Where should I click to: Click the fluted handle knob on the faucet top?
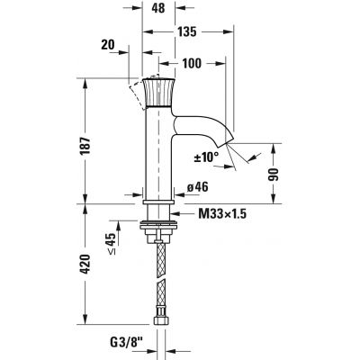pos(158,92)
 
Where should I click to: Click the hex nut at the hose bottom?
pos(159,322)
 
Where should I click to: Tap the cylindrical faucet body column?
pos(158,153)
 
